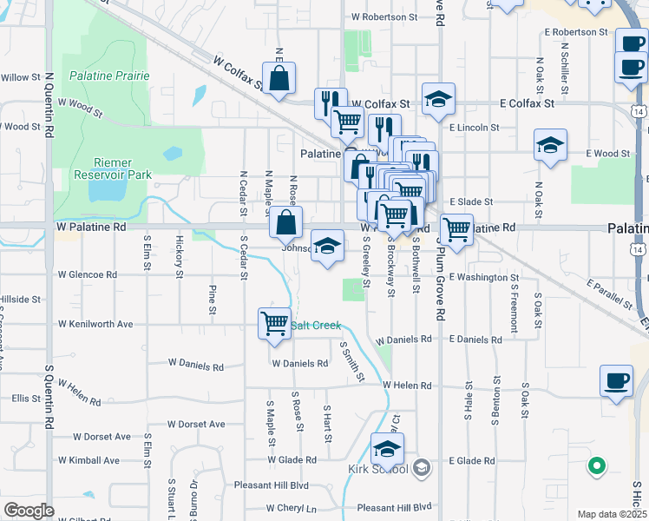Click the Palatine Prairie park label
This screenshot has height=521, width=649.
[109, 76]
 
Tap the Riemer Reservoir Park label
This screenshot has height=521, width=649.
[122, 168]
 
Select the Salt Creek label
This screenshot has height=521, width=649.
[316, 325]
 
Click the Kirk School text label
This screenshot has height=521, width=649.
[377, 470]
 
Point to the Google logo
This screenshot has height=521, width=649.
[28, 511]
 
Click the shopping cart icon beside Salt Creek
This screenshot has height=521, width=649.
[274, 323]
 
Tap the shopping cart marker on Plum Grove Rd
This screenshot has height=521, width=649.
[456, 229]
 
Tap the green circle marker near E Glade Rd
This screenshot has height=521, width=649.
[596, 467]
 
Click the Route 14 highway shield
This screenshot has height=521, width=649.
[639, 113]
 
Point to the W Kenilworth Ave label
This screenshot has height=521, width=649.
[95, 324]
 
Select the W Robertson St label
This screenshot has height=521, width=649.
[378, 16]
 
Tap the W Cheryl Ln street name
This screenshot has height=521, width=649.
[292, 508]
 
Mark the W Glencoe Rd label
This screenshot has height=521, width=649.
[88, 274]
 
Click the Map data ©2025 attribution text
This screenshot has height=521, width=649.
[613, 514]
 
